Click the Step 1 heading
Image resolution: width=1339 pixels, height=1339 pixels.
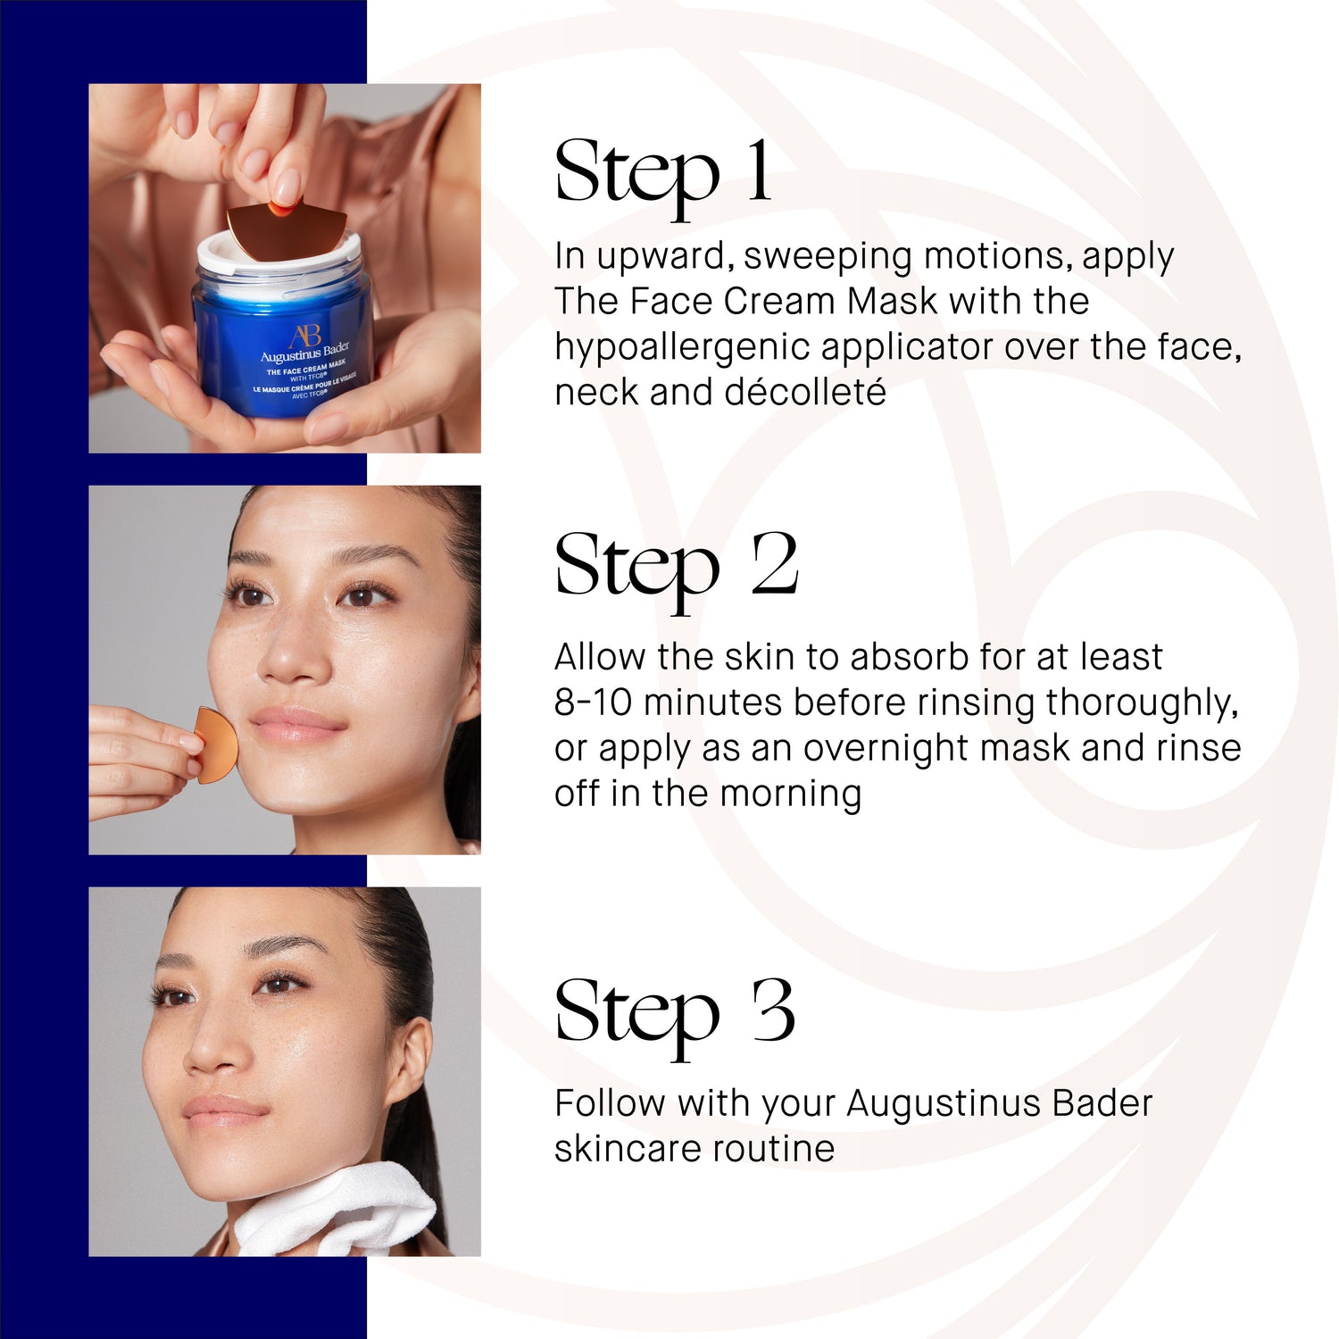[662, 172]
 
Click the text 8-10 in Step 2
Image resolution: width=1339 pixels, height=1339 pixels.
[592, 703]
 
